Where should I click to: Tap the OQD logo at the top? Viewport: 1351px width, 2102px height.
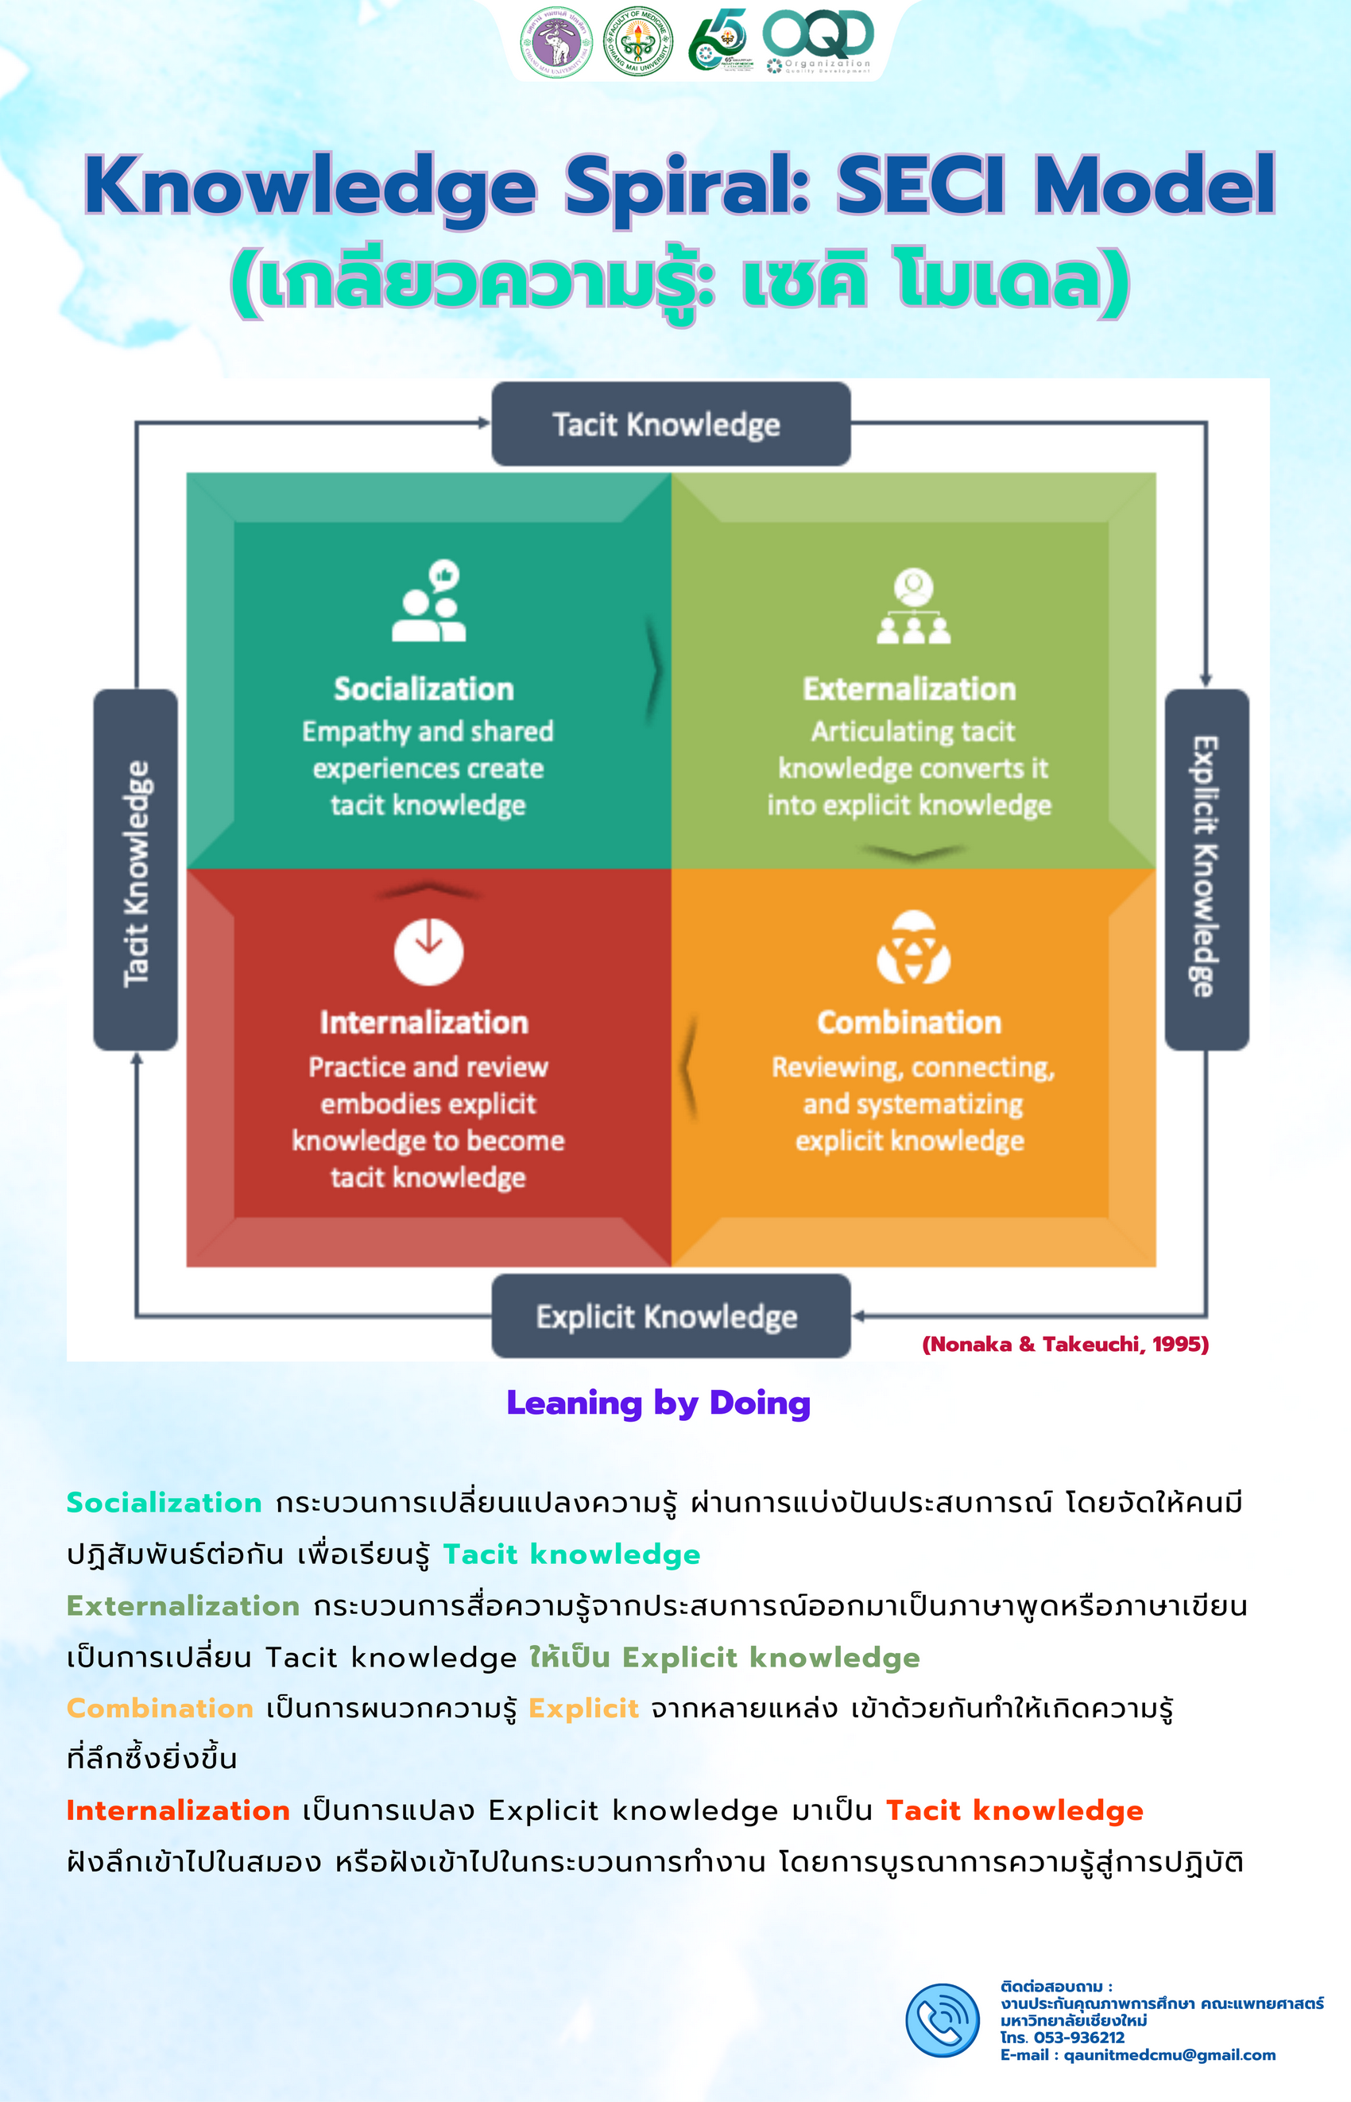[x=818, y=40]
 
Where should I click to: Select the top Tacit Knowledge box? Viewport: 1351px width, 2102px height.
[x=670, y=424]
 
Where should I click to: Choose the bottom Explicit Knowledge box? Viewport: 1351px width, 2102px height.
[x=670, y=1316]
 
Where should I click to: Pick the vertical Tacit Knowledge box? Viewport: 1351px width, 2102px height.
[x=136, y=870]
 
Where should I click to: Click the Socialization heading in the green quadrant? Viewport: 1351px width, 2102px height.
[x=424, y=690]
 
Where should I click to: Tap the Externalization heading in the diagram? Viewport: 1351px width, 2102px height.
[x=910, y=690]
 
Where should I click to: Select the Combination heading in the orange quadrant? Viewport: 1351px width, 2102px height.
[x=910, y=1023]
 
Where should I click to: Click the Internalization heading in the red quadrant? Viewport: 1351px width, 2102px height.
[x=424, y=1023]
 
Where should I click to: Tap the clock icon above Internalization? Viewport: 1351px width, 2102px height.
[x=428, y=951]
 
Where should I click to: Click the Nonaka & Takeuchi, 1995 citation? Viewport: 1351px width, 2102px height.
[x=1065, y=1344]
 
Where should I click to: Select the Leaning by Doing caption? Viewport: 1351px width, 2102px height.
[x=658, y=1403]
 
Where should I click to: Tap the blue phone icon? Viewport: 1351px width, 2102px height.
[x=943, y=2020]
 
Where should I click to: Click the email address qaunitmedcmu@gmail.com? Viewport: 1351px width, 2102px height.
[x=1169, y=2054]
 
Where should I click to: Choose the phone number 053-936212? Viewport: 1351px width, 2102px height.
[x=1079, y=2037]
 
